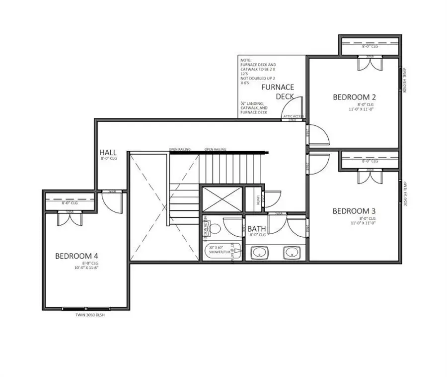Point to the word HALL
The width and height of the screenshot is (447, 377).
click(108, 152)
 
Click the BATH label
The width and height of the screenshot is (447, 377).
click(257, 229)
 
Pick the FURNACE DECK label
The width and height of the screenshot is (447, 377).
click(278, 92)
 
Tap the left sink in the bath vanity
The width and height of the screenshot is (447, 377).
click(259, 253)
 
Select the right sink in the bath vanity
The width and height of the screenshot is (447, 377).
click(291, 253)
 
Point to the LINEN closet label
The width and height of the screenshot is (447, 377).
click(258, 199)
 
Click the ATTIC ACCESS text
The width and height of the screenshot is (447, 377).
click(293, 116)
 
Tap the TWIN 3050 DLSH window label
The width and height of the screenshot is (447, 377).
click(86, 315)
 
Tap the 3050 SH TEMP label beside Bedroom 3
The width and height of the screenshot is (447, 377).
click(406, 194)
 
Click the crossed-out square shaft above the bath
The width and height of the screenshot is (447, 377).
click(221, 200)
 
